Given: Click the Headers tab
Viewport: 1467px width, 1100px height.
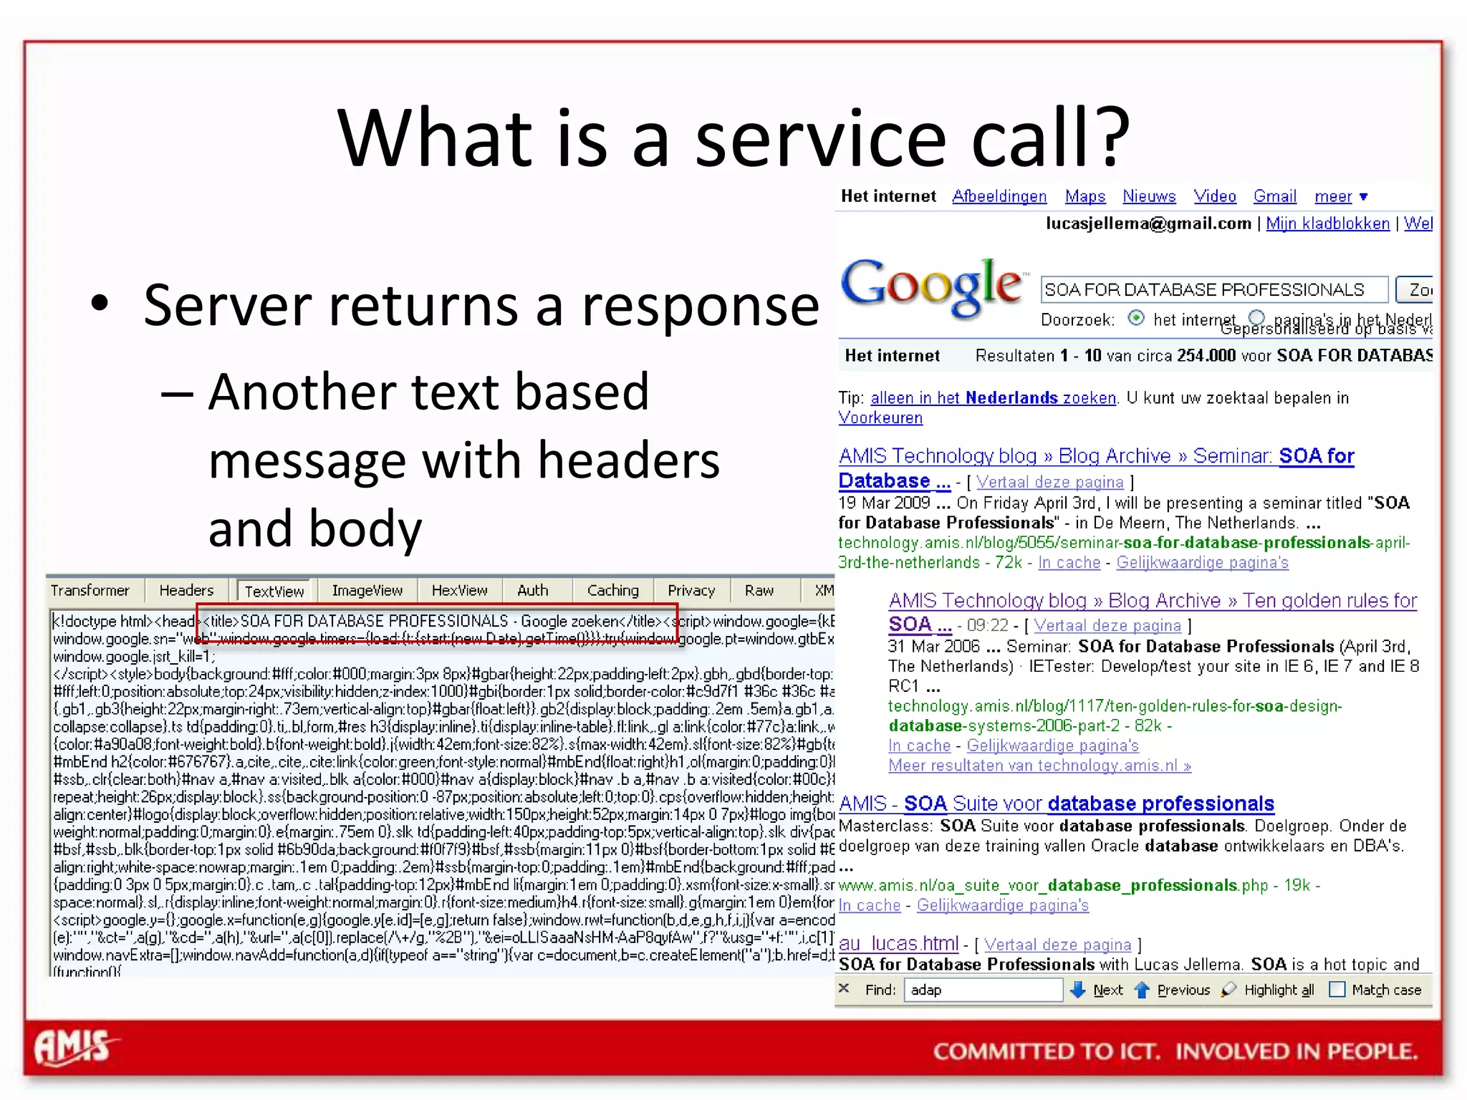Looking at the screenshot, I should pos(186,591).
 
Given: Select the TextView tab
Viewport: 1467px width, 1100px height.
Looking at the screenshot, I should pos(274,592).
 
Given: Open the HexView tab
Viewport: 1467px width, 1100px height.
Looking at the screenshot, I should pos(459,591).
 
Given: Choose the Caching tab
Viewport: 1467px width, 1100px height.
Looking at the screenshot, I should pos(612,591).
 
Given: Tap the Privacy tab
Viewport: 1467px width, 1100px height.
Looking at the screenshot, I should pos(691,591).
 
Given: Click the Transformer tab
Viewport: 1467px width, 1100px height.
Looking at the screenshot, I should pos(90,591).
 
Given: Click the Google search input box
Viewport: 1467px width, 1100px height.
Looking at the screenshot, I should pos(1213,290).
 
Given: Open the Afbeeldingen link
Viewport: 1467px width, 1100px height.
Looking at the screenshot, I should pos(999,196).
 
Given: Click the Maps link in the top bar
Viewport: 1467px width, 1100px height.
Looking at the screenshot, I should pos(1085,196).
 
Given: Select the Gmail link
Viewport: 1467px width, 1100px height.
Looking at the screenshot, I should pos(1274,196).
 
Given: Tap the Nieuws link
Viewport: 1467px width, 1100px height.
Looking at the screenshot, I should pos(1149,196).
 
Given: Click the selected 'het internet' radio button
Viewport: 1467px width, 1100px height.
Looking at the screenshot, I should pos(1136,318).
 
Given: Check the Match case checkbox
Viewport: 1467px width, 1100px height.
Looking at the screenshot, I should pos(1337,990).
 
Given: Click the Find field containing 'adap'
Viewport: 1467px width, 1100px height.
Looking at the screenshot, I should pos(983,990).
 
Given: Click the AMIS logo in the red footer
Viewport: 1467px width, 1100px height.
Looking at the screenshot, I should pos(74,1048).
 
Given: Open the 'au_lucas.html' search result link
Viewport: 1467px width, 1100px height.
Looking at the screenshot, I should pos(898,944).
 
